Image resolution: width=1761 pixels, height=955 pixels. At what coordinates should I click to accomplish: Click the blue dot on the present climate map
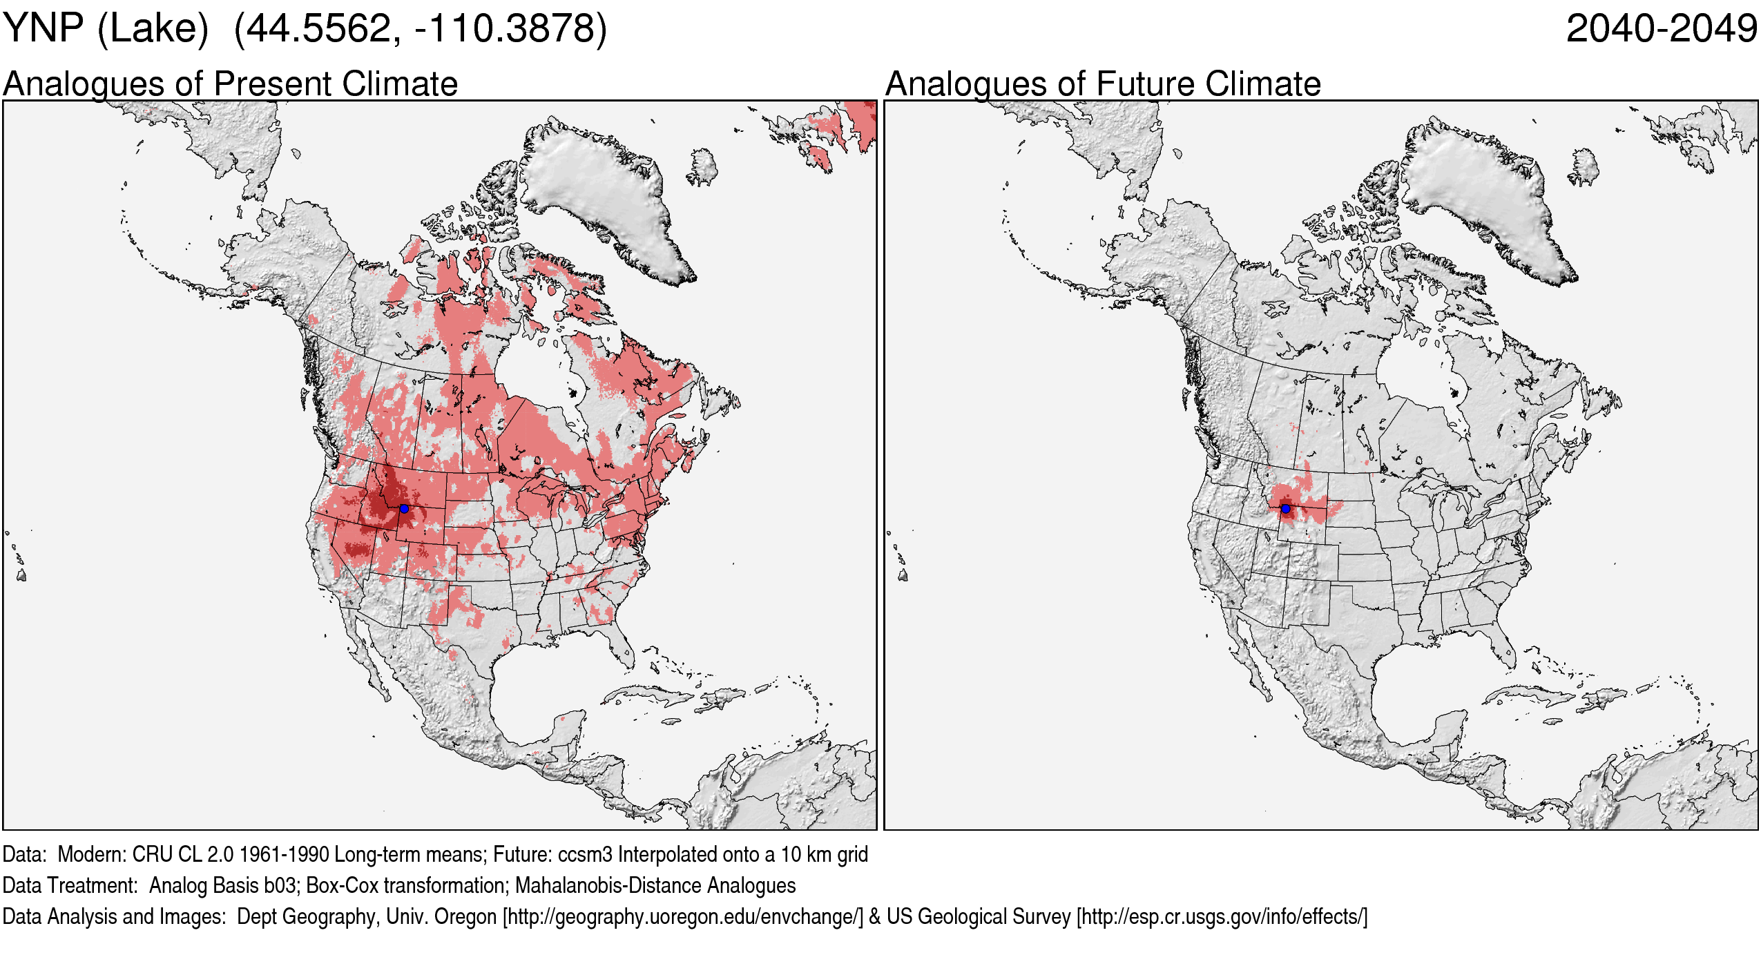point(404,508)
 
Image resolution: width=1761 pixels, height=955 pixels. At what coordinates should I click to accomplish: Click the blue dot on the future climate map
point(1285,508)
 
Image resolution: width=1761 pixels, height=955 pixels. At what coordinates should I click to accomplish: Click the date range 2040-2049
point(1661,29)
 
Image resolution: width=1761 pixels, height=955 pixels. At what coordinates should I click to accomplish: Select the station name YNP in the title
point(43,29)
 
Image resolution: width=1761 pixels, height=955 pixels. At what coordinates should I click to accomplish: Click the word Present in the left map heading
point(273,84)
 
